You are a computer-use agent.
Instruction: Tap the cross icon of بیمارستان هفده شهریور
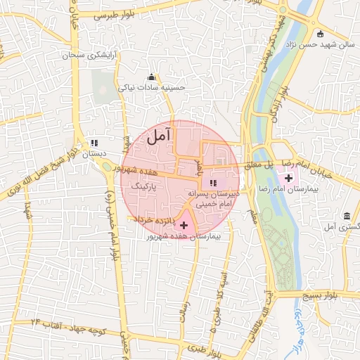[184, 226]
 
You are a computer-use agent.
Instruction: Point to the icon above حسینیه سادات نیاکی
[150, 77]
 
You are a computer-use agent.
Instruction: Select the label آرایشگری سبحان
[89, 54]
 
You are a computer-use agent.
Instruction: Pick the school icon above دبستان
[94, 143]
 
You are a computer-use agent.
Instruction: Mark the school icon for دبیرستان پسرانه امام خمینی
[214, 183]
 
